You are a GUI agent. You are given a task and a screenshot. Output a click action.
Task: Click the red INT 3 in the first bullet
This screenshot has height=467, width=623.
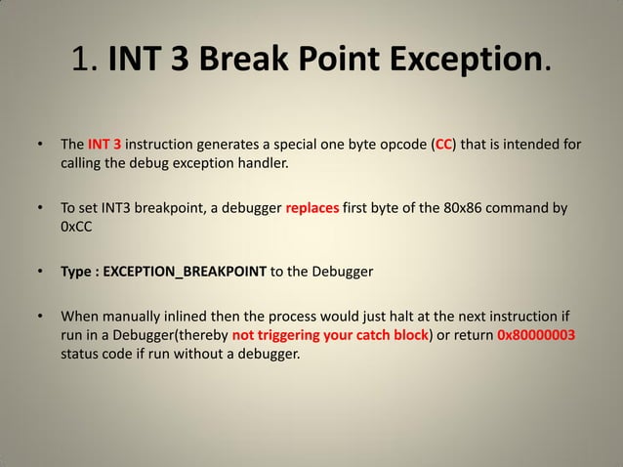(104, 146)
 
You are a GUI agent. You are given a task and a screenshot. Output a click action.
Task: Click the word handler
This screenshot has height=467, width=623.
(264, 163)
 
